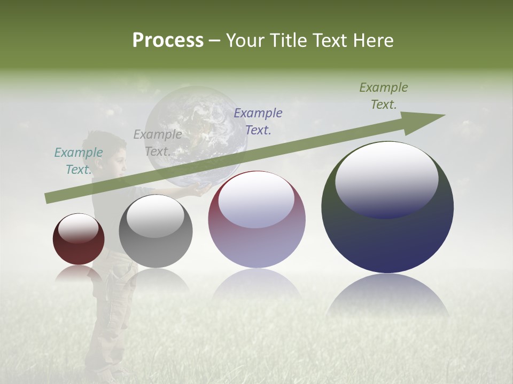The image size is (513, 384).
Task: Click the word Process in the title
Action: point(168,41)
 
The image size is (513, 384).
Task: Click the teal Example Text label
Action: point(79,161)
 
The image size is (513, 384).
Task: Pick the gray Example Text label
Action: point(157,143)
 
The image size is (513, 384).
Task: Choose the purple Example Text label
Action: point(258,122)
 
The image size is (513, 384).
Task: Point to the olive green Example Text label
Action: point(384,96)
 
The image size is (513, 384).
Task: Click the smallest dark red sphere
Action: point(79,239)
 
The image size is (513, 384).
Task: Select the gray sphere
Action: point(156,232)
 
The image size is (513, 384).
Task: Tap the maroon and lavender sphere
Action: point(257,220)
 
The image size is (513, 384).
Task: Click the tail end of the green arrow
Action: point(47,198)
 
